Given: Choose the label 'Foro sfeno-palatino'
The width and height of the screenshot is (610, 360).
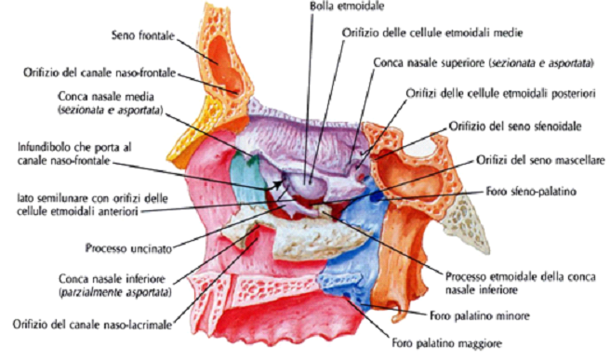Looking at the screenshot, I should click(528, 193).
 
